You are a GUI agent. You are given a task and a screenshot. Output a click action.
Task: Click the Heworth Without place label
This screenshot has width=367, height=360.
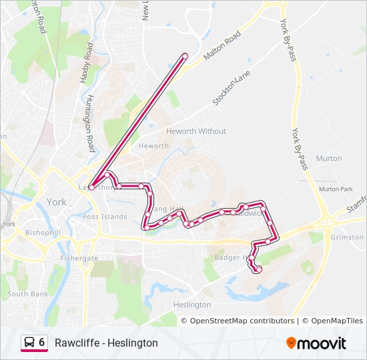[196, 131]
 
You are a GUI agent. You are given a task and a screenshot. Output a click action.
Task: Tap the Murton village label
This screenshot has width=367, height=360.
[328, 159]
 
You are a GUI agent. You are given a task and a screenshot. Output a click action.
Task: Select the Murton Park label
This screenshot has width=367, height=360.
[335, 189]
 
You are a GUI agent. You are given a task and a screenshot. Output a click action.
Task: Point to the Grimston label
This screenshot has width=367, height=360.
[347, 237]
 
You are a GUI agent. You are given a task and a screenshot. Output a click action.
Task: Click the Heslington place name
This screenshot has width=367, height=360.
[192, 305]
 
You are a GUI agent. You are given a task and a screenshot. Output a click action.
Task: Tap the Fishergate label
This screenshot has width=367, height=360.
[79, 258]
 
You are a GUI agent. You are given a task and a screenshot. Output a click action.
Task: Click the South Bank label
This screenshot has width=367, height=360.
[28, 294]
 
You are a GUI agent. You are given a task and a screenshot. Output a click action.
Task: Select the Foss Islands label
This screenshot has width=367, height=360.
[105, 217]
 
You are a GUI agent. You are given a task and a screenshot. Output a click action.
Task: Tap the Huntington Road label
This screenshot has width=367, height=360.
[89, 123]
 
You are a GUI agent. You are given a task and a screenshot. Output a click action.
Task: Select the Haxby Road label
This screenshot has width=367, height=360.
[85, 63]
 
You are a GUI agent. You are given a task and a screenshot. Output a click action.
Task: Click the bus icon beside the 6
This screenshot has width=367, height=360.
[29, 342]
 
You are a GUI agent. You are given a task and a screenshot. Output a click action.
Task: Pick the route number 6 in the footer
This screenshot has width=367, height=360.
[42, 342]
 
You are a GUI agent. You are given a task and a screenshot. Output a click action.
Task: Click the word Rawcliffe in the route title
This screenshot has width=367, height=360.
[75, 343]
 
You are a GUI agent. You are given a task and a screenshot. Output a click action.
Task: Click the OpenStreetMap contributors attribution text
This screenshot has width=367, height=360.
[242, 321]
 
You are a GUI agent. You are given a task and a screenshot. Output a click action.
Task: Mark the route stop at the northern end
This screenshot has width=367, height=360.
[185, 55]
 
